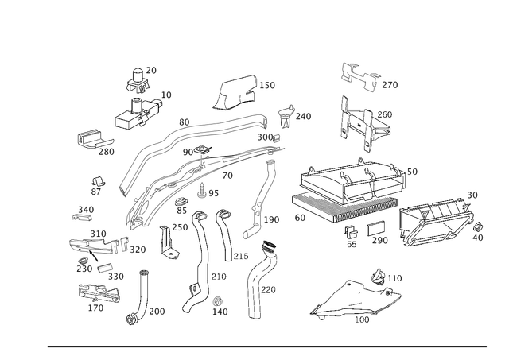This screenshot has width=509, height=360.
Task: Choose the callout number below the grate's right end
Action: pyautogui.click(x=479, y=236)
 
